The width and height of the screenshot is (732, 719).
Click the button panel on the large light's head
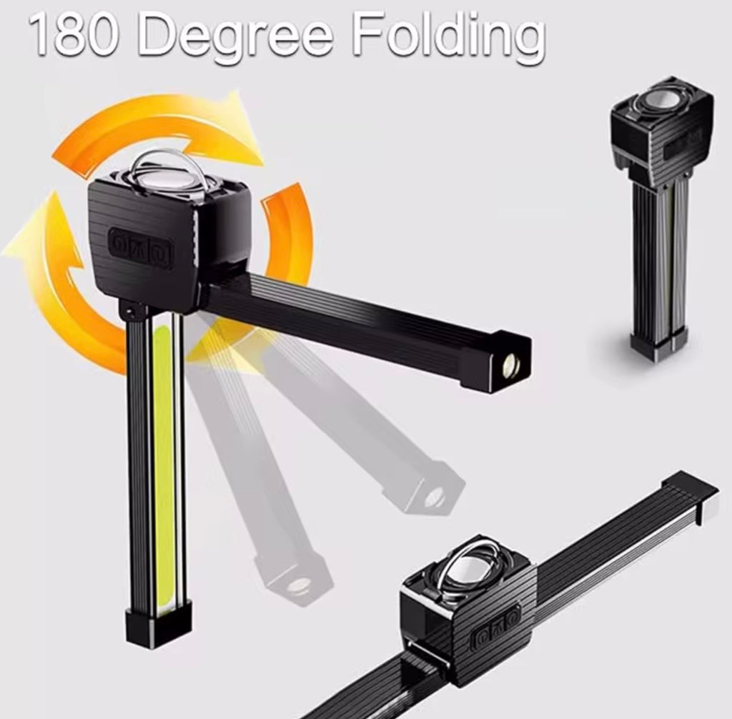coord(141,244)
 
